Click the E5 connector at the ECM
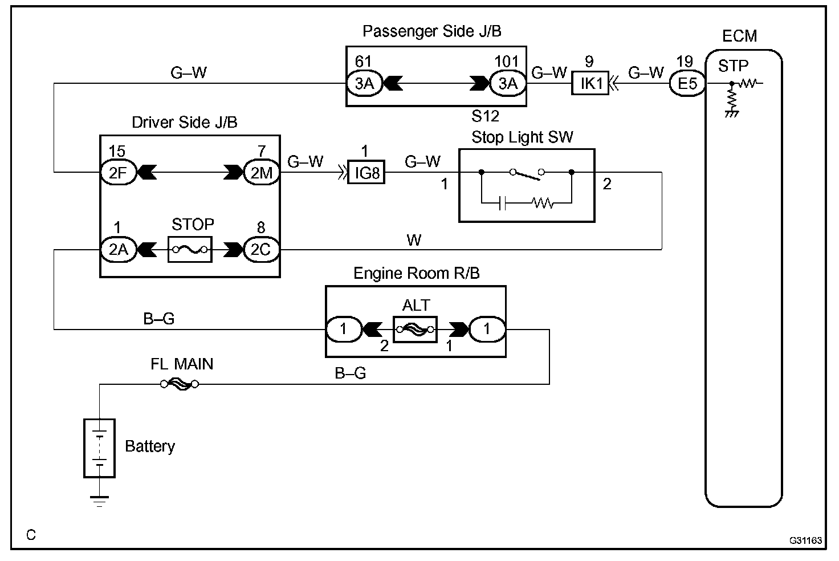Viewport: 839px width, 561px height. [x=687, y=84]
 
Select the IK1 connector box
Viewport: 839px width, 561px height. [x=591, y=84]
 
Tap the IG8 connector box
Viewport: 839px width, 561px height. [x=367, y=172]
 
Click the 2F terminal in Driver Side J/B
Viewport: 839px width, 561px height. [x=118, y=172]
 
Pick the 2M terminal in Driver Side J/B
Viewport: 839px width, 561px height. [x=261, y=172]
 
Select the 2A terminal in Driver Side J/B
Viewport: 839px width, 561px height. [x=118, y=250]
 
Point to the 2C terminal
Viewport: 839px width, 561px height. [x=261, y=250]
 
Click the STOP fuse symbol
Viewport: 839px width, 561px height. [x=190, y=250]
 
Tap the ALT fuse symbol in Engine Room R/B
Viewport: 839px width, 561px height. [x=416, y=329]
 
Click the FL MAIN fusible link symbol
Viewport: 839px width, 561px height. [x=180, y=384]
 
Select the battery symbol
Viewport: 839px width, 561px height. [x=100, y=448]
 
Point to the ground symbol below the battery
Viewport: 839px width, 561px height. [x=100, y=501]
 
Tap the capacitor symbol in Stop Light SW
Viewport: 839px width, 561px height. [x=502, y=203]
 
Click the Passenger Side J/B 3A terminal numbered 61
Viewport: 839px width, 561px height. [x=364, y=84]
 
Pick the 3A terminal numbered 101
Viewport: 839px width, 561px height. [x=507, y=84]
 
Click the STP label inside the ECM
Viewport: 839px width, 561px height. [x=733, y=66]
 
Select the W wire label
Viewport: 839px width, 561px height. [x=414, y=240]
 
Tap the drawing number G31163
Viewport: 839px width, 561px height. [x=806, y=539]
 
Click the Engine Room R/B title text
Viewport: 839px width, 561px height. [x=417, y=274]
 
